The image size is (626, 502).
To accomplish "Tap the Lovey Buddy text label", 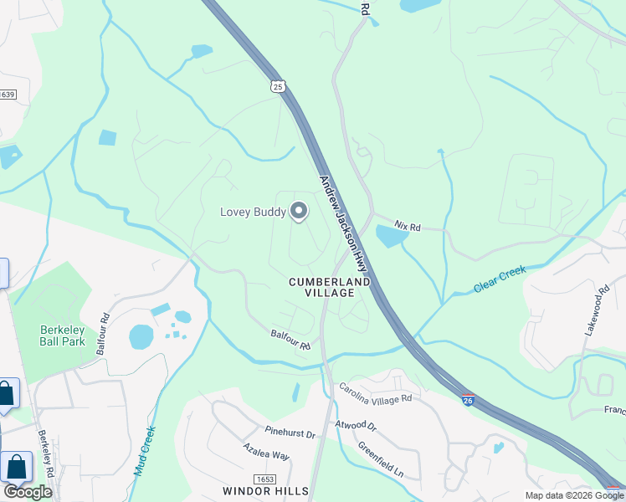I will [253, 212].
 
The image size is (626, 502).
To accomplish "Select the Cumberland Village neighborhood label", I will [330, 288].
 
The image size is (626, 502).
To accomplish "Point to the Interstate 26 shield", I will [469, 402].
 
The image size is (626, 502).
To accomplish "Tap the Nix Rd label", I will [408, 227].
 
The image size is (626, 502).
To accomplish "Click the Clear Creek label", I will [500, 279].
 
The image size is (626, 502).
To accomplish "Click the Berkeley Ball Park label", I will [63, 336].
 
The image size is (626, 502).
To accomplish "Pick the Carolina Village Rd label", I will [375, 393].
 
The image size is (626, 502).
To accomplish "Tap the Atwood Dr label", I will [357, 423].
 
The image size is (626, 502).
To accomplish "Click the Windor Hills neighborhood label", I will [266, 490].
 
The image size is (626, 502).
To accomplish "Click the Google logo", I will [27, 491].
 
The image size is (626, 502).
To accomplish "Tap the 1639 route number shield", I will [7, 95].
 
